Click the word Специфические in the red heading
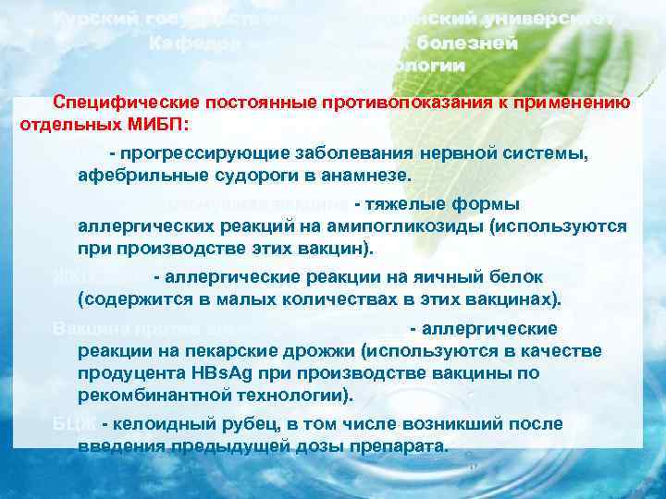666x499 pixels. pos(109,103)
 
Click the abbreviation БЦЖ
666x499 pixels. pos(72,424)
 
